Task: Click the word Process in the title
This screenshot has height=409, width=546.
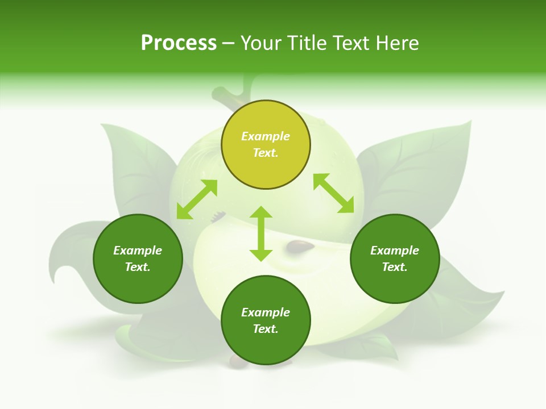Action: tap(179, 43)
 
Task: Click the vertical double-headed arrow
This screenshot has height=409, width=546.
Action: tap(261, 233)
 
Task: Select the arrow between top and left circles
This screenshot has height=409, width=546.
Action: tap(197, 199)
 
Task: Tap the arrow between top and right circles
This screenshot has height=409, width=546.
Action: tap(338, 193)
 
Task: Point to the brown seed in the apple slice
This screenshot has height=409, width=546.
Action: tap(300, 245)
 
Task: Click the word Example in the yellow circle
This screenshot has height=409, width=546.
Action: tap(266, 136)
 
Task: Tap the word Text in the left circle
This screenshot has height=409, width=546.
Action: tap(138, 267)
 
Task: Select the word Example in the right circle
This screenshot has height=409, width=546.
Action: tap(395, 251)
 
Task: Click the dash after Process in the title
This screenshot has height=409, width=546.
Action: tap(228, 44)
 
